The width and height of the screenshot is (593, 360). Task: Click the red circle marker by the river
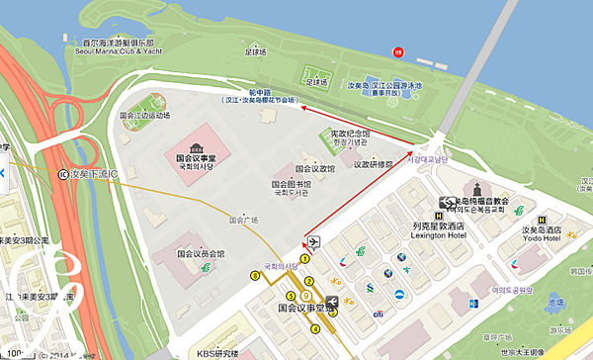(398, 51)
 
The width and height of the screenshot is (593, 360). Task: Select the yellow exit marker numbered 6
(254, 276)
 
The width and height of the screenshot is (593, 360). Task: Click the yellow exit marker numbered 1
(305, 259)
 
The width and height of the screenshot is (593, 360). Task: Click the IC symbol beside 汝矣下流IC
(64, 174)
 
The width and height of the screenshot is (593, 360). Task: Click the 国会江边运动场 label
(144, 115)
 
